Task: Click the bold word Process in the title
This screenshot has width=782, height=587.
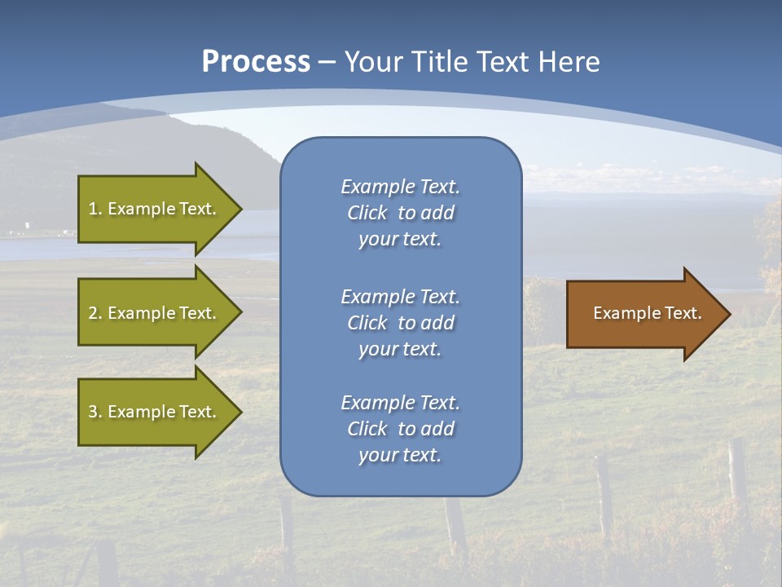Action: pos(256,61)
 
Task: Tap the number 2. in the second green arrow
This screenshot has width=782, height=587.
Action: pos(95,313)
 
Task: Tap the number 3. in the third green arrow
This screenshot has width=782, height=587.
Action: pos(95,412)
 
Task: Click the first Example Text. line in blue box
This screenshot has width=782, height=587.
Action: pos(400,187)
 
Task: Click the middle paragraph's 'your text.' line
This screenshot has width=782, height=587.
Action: pos(400,349)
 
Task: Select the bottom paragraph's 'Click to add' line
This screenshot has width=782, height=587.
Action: pos(400,429)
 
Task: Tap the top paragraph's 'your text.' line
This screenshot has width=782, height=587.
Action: pos(400,240)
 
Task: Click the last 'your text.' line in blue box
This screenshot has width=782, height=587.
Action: pos(400,455)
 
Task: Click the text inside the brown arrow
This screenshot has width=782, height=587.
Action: pos(647,313)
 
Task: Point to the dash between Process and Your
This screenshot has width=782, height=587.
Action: pos(327,62)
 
